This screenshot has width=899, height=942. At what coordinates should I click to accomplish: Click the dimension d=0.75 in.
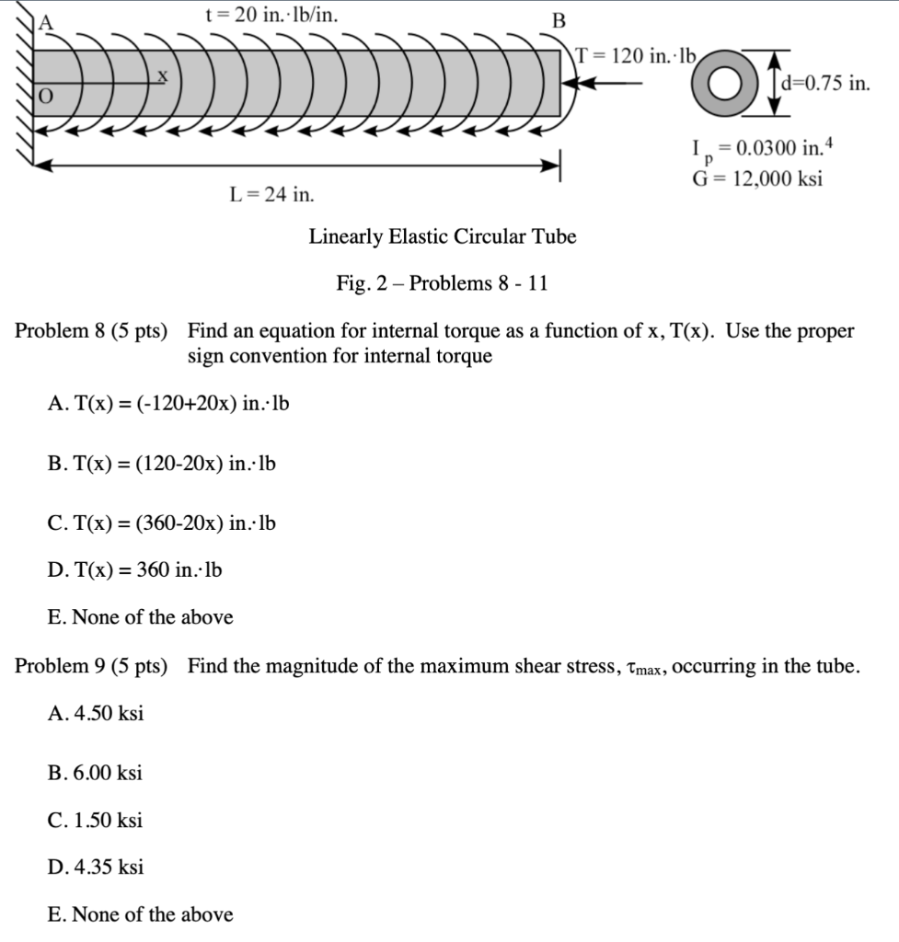[x=824, y=84]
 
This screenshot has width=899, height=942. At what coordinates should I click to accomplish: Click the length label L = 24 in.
[x=271, y=194]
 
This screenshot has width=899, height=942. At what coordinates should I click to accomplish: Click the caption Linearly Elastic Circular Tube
[x=443, y=236]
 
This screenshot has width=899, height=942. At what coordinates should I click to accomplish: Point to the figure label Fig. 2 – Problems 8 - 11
[x=443, y=282]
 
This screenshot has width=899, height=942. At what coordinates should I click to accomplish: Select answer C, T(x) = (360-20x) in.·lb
[x=161, y=523]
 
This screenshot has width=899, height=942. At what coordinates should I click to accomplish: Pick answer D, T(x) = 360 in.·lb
[x=134, y=570]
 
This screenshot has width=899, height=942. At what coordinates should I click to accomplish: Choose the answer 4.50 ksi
[x=95, y=714]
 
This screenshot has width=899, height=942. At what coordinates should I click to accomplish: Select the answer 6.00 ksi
[x=94, y=773]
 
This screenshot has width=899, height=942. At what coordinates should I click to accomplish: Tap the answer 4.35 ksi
[x=95, y=867]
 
